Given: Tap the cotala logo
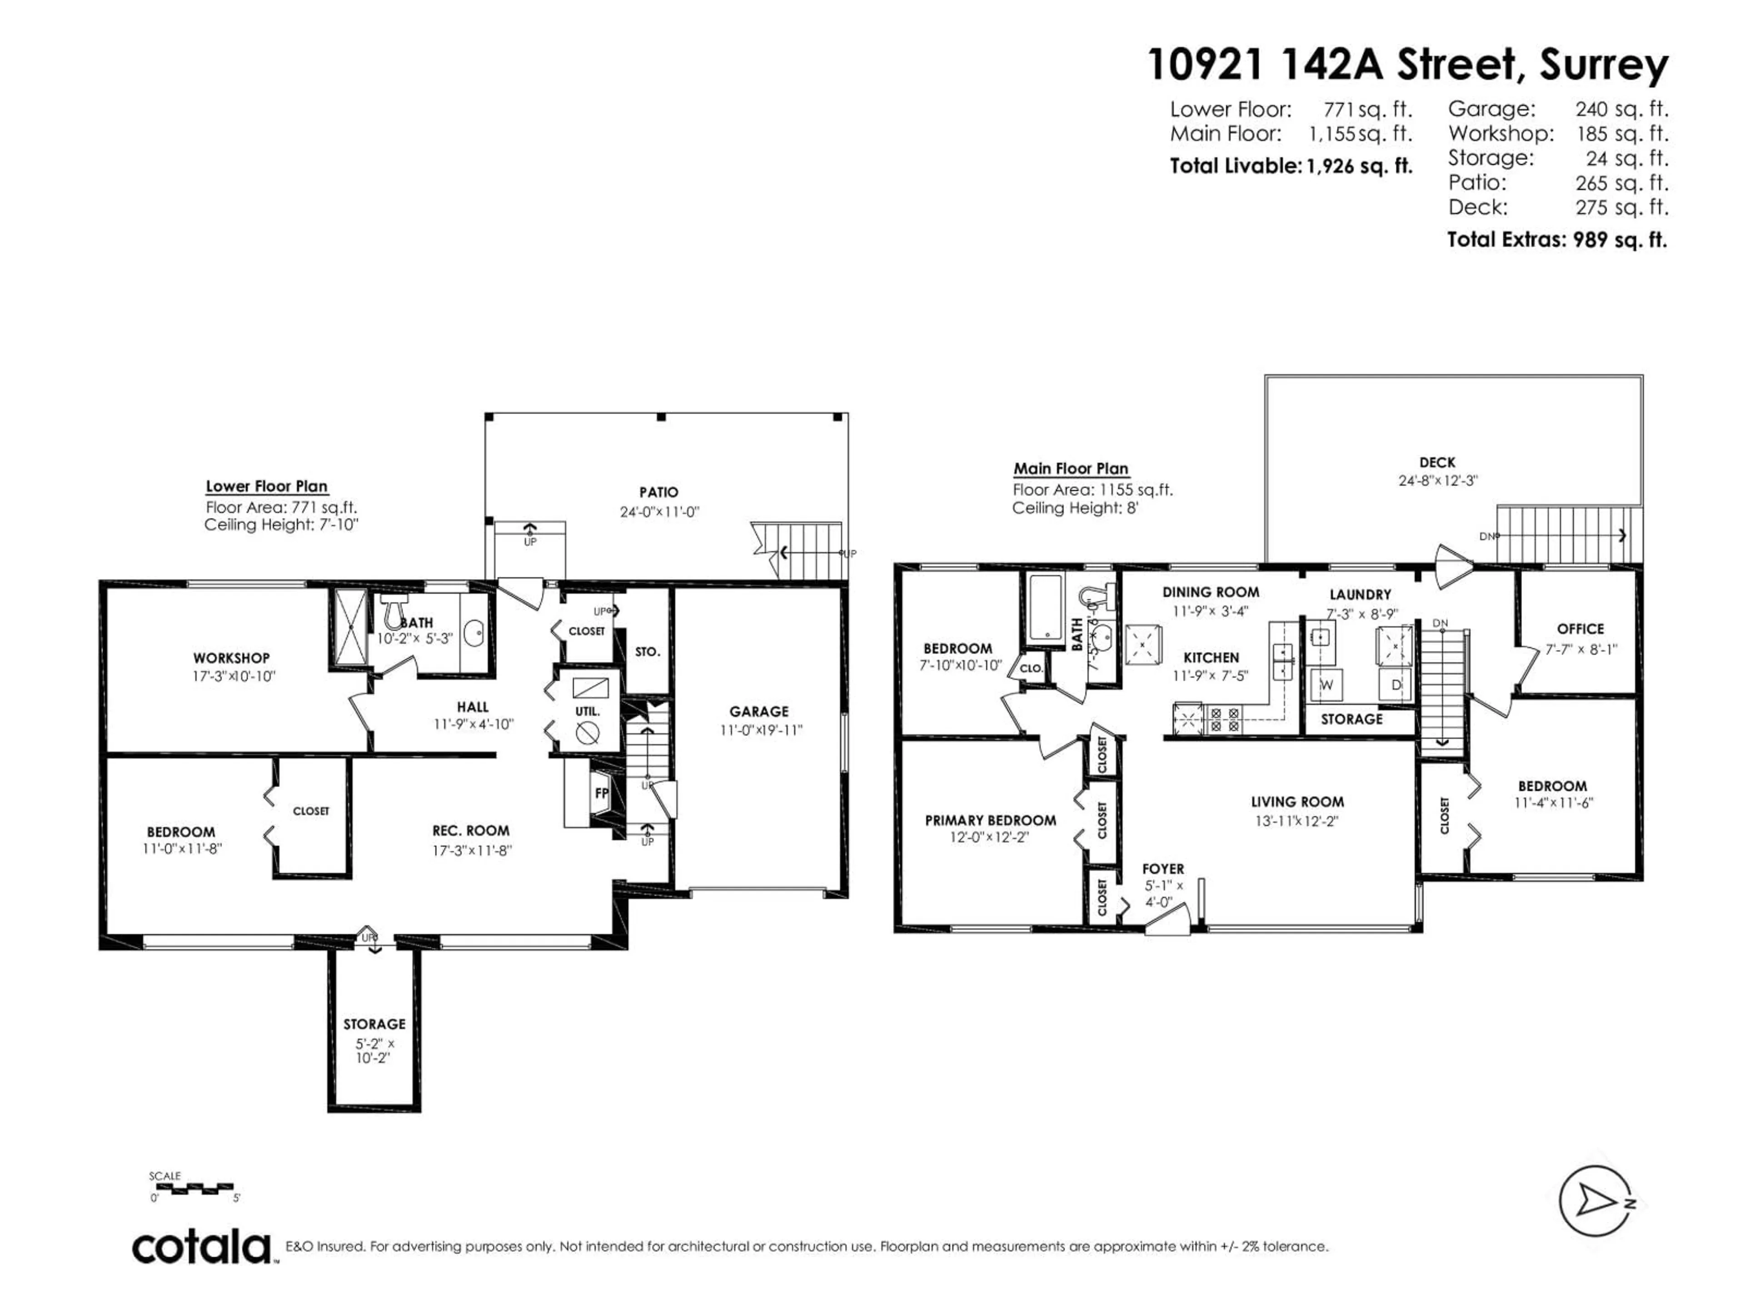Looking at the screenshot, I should click(202, 1248).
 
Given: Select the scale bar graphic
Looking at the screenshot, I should click(193, 1186).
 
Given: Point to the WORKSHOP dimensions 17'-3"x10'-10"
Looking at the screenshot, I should click(234, 676).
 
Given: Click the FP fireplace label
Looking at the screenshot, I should click(601, 794).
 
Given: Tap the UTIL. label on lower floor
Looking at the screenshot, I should click(587, 711).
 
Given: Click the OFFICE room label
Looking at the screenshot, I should click(1580, 629).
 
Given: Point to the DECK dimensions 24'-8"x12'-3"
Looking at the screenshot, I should click(1437, 480).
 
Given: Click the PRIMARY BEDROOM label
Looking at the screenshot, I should click(990, 820).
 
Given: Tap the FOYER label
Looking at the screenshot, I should click(1163, 869).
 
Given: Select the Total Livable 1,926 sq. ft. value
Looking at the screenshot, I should click(1355, 166).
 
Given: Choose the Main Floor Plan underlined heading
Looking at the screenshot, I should click(1071, 469).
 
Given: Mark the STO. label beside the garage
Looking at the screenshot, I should click(647, 652).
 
